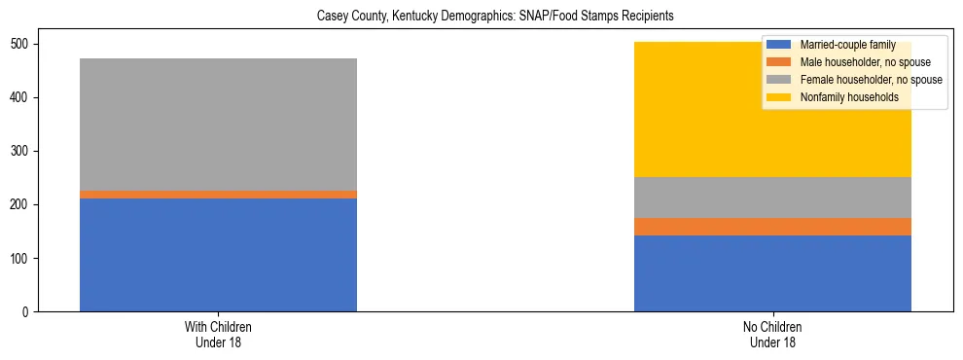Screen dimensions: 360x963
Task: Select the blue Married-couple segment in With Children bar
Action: [x=218, y=255]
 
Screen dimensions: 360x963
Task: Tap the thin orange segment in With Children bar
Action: [x=218, y=195]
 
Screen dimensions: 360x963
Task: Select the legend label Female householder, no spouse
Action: [x=866, y=80]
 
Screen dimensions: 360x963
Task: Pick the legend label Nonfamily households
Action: [x=847, y=97]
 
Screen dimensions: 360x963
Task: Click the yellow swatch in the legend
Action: [x=779, y=97]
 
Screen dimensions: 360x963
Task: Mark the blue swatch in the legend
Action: [x=779, y=45]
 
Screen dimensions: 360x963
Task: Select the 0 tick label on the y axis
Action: [x=29, y=312]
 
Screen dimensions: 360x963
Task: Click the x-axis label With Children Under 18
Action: [x=218, y=335]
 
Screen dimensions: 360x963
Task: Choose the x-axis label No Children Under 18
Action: [x=772, y=335]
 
